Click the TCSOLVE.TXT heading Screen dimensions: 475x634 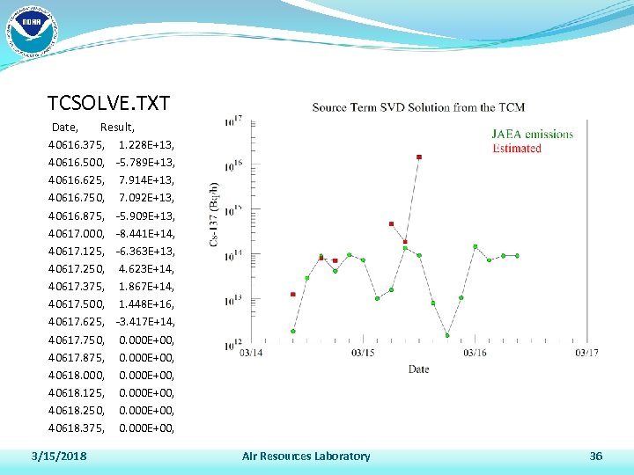coord(108,103)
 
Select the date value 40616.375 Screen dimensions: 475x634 coord(77,144)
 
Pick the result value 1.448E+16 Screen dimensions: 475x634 coord(145,303)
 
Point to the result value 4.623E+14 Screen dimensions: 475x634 coord(145,268)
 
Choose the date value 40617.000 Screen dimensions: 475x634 coord(77,233)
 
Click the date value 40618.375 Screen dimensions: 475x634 coord(77,427)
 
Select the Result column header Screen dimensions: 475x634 coord(117,128)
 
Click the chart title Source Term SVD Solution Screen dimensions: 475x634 coord(418,107)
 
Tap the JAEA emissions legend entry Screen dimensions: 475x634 coord(532,135)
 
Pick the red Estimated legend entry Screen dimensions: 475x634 coord(516,148)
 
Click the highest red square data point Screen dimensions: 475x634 coord(419,157)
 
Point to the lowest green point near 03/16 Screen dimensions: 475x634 coord(447,335)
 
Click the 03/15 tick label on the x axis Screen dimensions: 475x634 coord(363,353)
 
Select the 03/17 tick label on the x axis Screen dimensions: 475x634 coord(587,353)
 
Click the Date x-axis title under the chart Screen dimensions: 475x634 coord(418,369)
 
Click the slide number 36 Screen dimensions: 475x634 coord(596,456)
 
